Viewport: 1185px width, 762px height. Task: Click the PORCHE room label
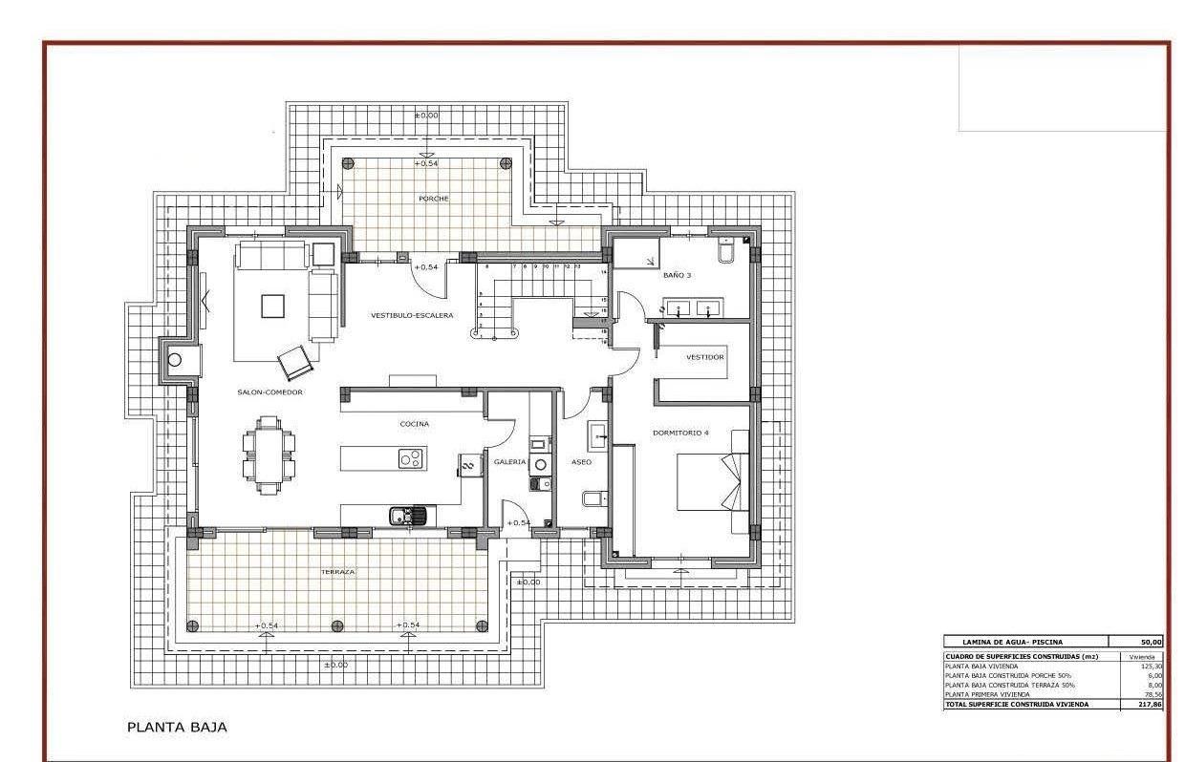[433, 199]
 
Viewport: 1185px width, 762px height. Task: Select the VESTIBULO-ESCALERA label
[412, 315]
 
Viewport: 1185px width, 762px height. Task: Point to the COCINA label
[414, 423]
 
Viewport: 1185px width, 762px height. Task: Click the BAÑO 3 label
[677, 275]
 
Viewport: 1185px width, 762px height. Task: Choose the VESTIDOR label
[704, 357]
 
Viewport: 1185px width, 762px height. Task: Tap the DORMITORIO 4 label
[680, 433]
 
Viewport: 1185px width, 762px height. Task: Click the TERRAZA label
[337, 572]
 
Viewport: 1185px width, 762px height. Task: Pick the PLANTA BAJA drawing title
[177, 728]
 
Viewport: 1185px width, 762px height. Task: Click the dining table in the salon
[269, 455]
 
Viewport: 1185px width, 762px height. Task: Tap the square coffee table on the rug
[272, 306]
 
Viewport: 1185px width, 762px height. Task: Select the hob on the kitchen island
[411, 459]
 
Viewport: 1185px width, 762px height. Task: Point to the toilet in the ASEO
[592, 498]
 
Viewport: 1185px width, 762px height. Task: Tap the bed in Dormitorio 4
[712, 482]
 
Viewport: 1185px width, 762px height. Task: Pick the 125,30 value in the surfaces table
[1151, 666]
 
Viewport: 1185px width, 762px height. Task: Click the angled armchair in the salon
[294, 362]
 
